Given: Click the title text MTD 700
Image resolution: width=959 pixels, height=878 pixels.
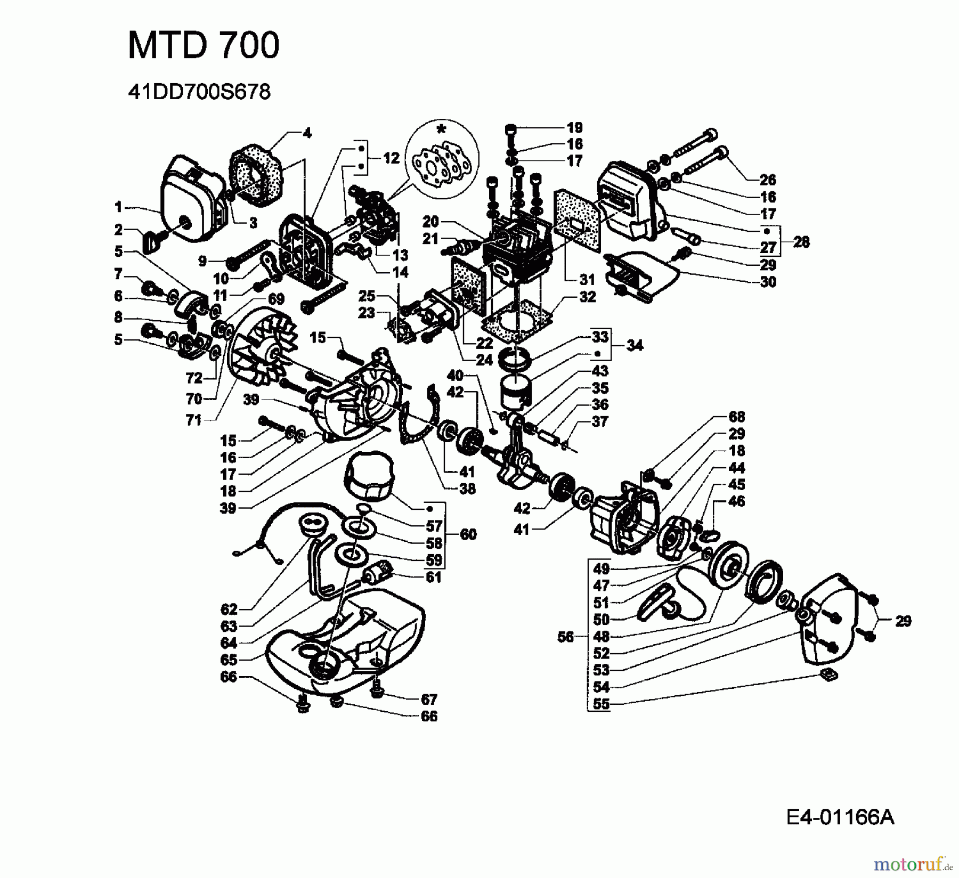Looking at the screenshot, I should [204, 45].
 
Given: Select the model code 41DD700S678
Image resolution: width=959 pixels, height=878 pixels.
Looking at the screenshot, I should [199, 93].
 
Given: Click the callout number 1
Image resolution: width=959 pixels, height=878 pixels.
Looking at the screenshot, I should [118, 207].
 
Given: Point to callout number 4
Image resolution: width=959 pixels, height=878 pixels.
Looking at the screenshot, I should [307, 133].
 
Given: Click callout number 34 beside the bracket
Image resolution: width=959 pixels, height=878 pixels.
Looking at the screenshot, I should [635, 345].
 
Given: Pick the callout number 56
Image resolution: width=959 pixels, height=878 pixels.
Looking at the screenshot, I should [566, 636].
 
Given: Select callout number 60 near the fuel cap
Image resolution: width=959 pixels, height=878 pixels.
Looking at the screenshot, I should [468, 534].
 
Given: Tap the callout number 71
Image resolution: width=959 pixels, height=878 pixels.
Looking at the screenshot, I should [194, 420].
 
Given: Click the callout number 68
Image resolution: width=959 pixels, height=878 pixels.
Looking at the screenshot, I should [737, 417].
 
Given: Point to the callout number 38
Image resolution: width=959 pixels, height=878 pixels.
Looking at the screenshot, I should [467, 489].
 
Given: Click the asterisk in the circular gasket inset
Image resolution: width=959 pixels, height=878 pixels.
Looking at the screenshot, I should [441, 129].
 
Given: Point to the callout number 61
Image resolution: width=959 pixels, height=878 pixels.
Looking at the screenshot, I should [434, 577].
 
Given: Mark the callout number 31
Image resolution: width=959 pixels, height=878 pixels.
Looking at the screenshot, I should [587, 279].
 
